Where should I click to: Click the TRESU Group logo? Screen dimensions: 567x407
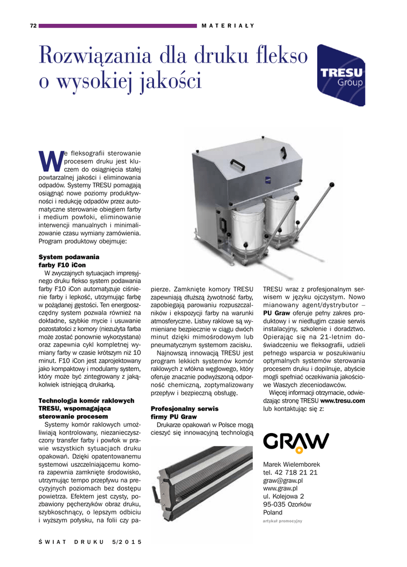(340, 75)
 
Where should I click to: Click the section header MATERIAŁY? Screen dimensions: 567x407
(227, 25)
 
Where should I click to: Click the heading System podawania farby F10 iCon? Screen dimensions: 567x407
(68, 261)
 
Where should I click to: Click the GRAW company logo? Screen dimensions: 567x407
(296, 442)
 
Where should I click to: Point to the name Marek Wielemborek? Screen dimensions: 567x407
(291, 465)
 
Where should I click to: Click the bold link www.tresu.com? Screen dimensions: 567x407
(342, 400)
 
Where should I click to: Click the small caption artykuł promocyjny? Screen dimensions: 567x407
(282, 521)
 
